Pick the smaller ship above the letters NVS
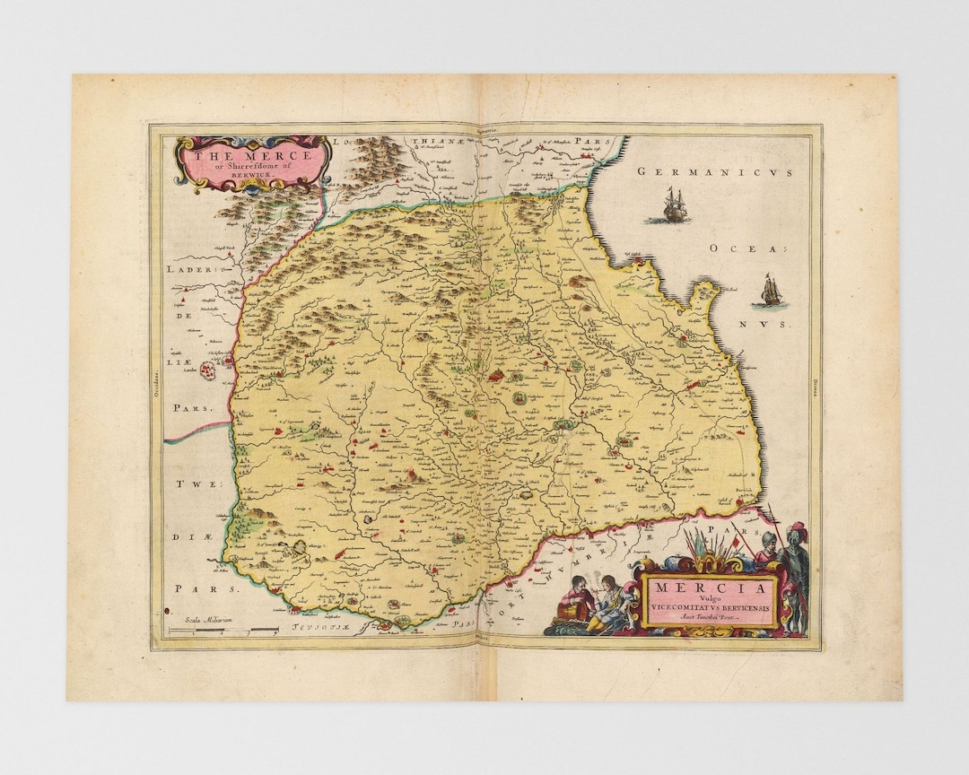tap(771, 292)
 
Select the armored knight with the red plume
tap(794, 574)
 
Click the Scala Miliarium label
tap(208, 620)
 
